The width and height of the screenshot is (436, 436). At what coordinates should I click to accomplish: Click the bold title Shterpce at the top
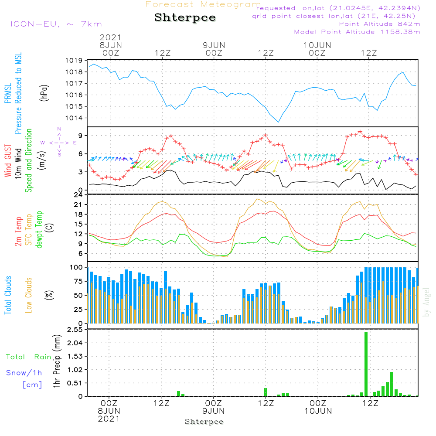[x=185, y=18]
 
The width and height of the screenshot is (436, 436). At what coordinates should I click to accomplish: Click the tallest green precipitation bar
[x=366, y=364]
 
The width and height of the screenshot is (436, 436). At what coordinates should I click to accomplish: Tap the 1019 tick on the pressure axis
[x=74, y=61]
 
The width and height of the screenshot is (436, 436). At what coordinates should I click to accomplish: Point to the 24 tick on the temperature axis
[x=78, y=195]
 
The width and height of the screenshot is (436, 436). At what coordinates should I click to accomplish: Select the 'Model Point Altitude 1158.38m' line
[x=357, y=32]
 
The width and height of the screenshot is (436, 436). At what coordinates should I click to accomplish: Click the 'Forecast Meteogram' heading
[x=203, y=4]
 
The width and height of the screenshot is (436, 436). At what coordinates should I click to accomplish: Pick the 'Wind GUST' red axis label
[x=8, y=161]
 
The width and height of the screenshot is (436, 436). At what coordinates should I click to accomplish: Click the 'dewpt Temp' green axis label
[x=39, y=230]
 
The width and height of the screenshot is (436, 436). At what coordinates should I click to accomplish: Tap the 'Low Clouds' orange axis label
[x=29, y=295]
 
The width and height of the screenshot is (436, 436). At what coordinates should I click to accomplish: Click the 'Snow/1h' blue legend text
[x=24, y=373]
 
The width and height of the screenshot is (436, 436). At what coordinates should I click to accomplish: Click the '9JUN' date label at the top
[x=214, y=45]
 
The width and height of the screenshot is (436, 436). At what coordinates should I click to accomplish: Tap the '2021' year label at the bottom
[x=109, y=419]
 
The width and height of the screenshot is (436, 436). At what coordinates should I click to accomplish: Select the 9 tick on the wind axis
[x=81, y=136]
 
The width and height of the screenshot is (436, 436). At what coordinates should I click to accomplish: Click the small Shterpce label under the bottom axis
[x=204, y=422]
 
